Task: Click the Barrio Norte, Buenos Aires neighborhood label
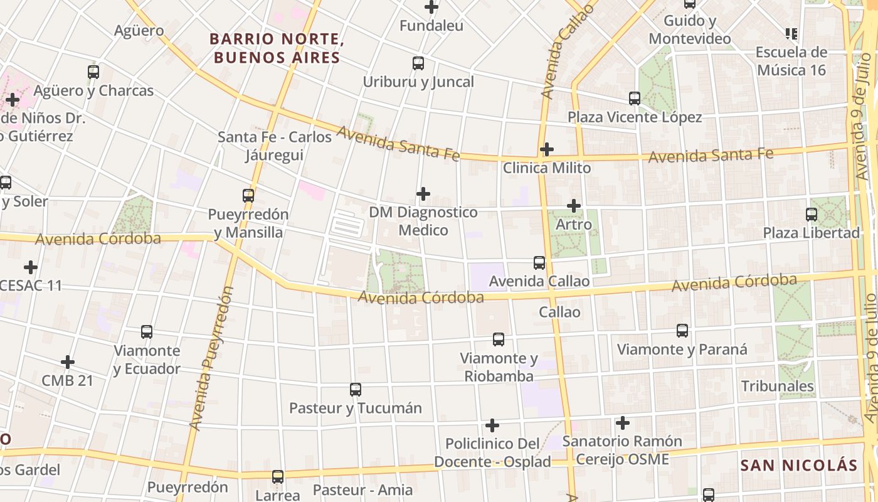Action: [x=277, y=48]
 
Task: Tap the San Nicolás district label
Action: [x=798, y=466]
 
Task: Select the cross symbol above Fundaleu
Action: [x=431, y=8]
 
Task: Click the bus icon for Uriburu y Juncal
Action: [x=418, y=63]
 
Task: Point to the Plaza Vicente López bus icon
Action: [x=635, y=99]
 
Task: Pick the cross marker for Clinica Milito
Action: [x=547, y=149]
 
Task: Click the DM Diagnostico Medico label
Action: [x=423, y=222]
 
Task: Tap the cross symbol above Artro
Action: [x=574, y=205]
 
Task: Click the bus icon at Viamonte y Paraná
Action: [x=682, y=331]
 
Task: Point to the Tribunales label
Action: [x=778, y=386]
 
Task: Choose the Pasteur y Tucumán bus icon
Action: [x=356, y=390]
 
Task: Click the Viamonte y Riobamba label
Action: [x=499, y=367]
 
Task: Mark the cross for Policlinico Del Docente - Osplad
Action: [x=492, y=425]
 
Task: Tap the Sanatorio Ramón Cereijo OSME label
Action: [x=613, y=450]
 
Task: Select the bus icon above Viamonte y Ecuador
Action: [x=147, y=332]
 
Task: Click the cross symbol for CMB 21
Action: [x=68, y=362]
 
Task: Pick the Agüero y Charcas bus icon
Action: [x=93, y=72]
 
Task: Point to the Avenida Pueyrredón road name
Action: [x=211, y=359]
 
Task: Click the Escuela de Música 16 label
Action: [x=791, y=61]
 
